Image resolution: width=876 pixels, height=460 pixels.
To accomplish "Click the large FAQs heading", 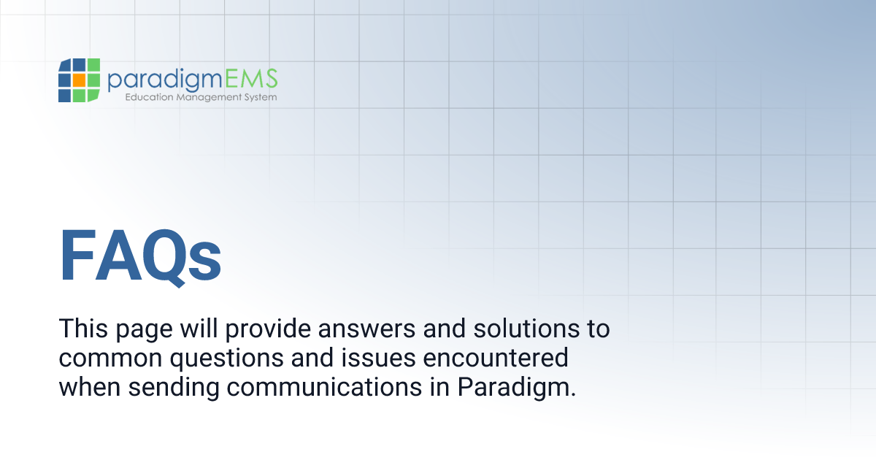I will [x=140, y=256].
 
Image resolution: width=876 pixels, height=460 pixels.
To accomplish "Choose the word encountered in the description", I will [x=499, y=358].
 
